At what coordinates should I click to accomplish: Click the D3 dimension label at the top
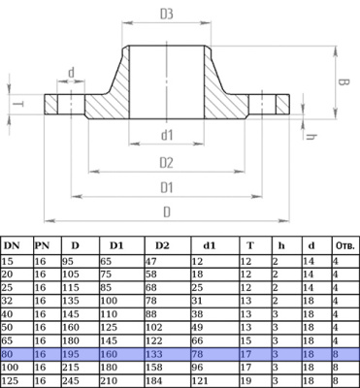[167, 15]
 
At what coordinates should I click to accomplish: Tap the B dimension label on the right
[344, 82]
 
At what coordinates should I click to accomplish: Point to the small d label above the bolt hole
[71, 73]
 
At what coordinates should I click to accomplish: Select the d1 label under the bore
[167, 136]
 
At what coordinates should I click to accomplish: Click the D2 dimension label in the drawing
[167, 163]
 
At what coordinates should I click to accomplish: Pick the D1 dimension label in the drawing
[167, 188]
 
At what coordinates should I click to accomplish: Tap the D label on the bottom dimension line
[167, 212]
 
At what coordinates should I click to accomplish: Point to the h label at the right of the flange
[311, 137]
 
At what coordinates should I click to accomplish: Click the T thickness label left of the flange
[18, 104]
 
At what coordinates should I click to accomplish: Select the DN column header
[12, 245]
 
